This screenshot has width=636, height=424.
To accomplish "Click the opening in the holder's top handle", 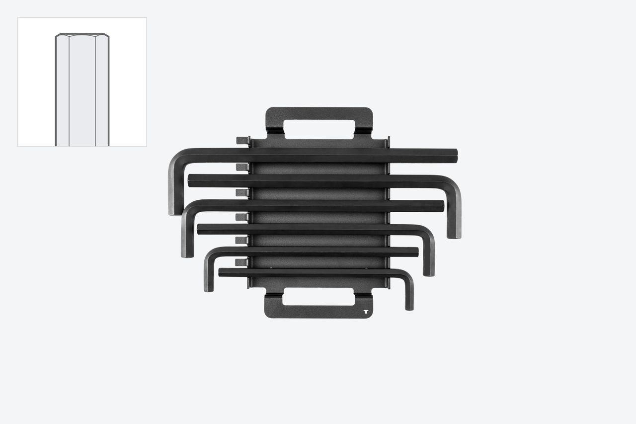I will tap(319, 129).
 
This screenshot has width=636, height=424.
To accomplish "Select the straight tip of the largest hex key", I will tap(454, 155).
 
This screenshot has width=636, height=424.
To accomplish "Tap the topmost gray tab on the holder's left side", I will tap(242, 141).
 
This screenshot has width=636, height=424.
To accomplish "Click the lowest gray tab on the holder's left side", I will tap(241, 262).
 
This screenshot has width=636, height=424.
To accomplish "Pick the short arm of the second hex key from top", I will tap(454, 214).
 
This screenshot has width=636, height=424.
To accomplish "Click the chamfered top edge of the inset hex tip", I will tap(82, 35).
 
